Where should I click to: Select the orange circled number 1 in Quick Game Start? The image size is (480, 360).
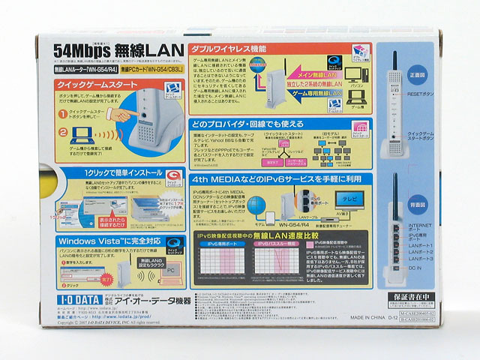pos(64,114)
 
